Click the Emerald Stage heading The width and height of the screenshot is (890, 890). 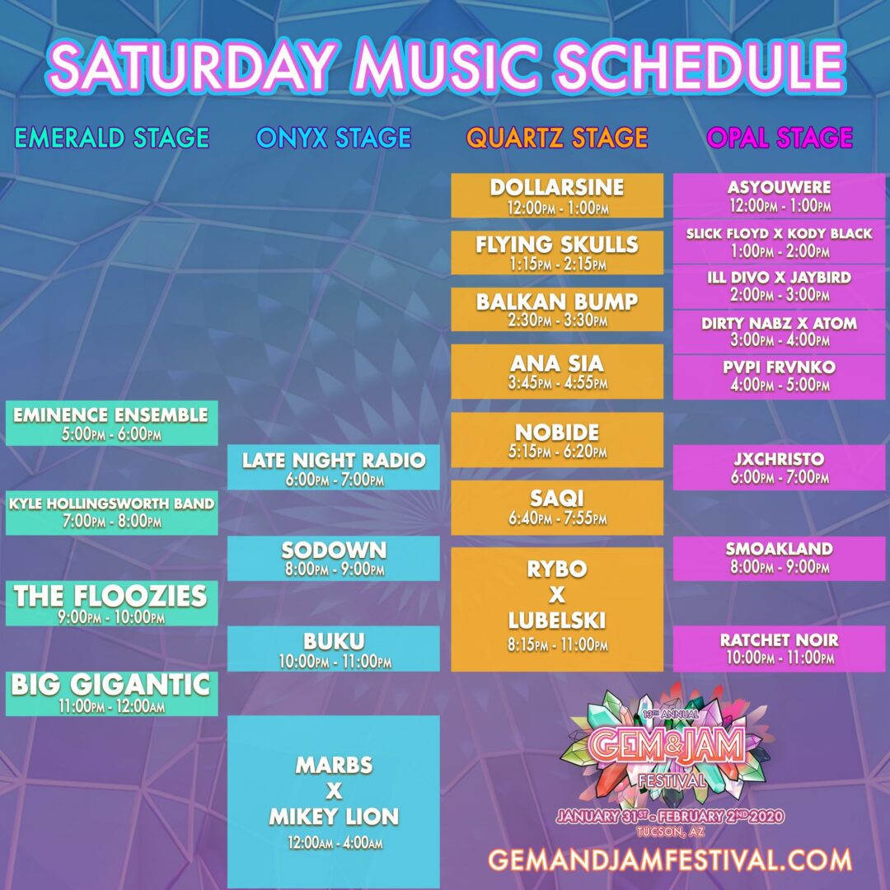112,138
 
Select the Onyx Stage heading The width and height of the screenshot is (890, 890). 334,138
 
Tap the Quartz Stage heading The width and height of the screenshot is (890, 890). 557,138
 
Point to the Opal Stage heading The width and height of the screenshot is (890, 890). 780,138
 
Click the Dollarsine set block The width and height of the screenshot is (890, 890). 557,195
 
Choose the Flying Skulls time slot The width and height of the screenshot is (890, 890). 557,253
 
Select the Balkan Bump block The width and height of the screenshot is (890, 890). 557,309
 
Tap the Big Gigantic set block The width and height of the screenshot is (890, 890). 112,693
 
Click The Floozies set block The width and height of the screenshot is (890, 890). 112,602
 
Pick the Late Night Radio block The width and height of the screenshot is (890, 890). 334,467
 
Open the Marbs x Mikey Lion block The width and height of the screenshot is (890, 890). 334,802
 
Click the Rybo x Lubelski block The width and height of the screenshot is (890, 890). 557,609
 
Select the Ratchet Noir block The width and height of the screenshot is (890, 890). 780,649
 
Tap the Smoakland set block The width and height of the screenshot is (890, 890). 780,558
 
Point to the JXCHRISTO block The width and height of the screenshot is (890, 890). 780,467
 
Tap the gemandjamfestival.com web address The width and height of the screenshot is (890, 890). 670,860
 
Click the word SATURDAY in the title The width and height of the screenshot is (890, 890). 191,66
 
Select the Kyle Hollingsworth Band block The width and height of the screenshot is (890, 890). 112,513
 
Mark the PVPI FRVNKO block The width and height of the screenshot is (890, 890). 780,377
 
